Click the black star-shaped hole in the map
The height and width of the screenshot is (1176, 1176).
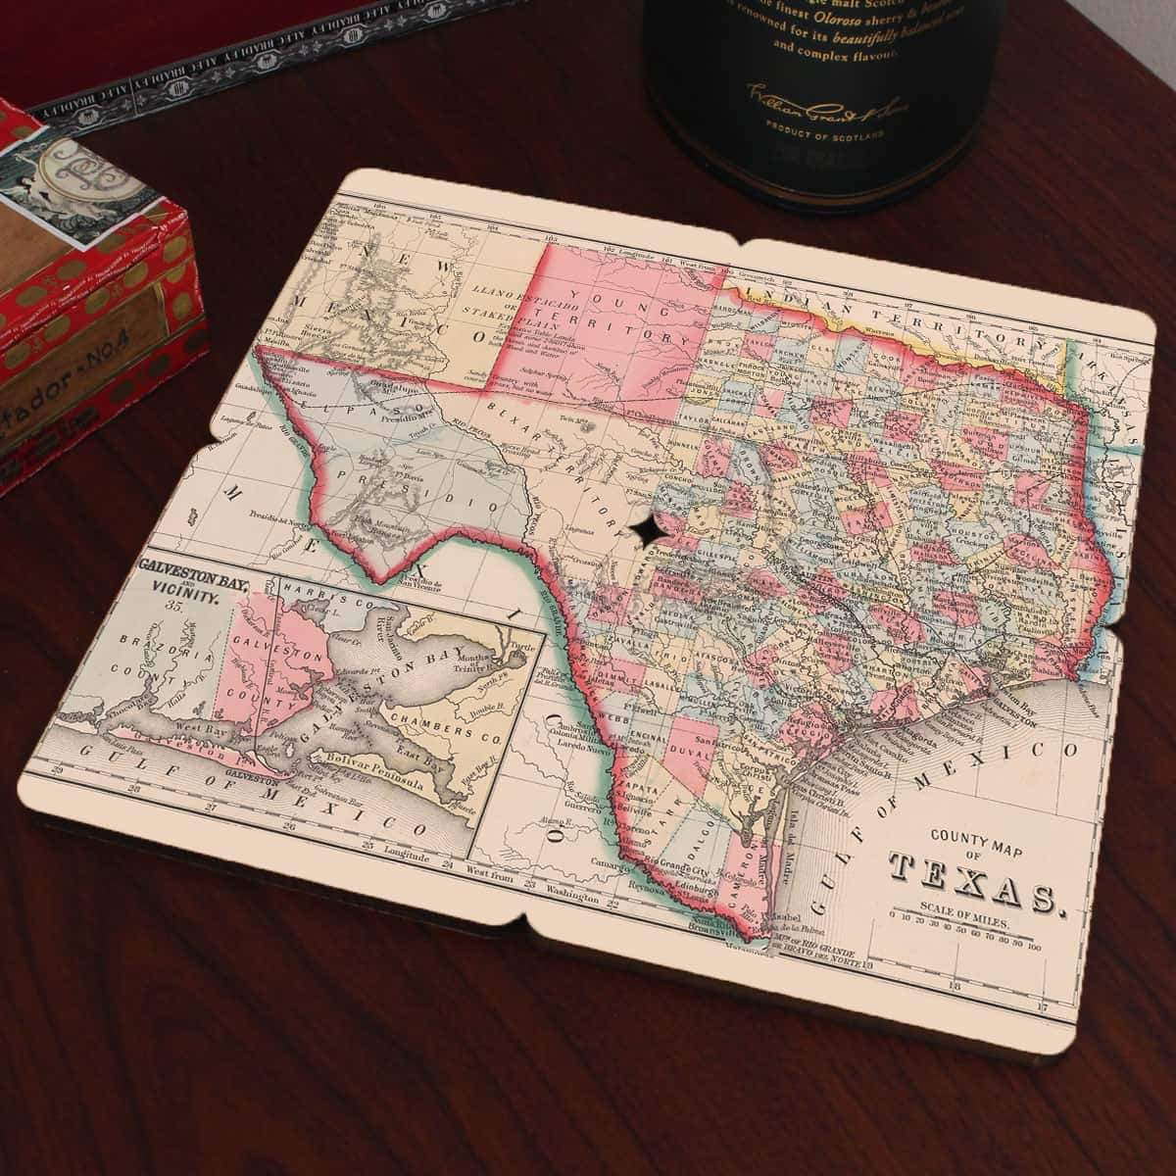point(648,531)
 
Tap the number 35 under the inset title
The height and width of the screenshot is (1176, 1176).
point(176,605)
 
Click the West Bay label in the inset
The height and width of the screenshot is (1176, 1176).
point(186,730)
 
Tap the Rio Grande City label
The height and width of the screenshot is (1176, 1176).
point(676,865)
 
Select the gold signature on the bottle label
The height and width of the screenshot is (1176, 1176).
point(797,98)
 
